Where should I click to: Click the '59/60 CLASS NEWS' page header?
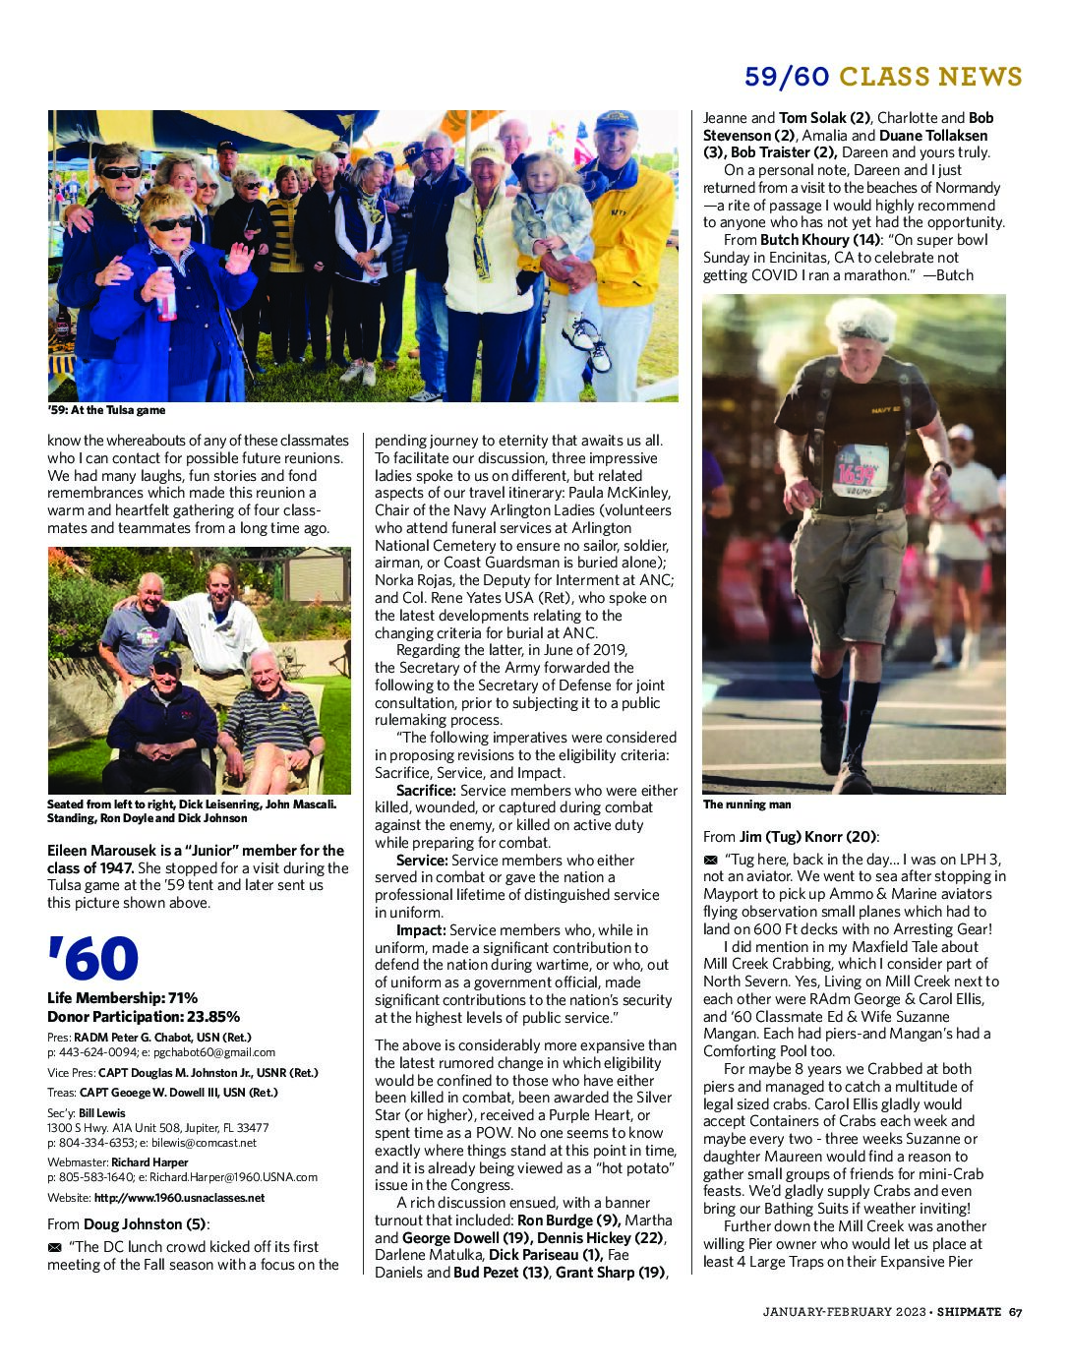(882, 77)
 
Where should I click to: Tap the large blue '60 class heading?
(92, 959)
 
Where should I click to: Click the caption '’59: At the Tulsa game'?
(106, 410)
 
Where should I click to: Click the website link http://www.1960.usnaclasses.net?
(179, 1198)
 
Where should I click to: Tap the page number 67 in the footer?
(1015, 1311)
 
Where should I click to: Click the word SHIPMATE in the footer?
(969, 1311)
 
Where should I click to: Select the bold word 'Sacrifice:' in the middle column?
(426, 791)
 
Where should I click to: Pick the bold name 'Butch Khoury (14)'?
(819, 240)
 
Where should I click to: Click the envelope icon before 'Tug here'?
(711, 861)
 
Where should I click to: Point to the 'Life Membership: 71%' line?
(122, 998)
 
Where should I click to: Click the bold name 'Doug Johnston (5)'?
(145, 1224)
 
